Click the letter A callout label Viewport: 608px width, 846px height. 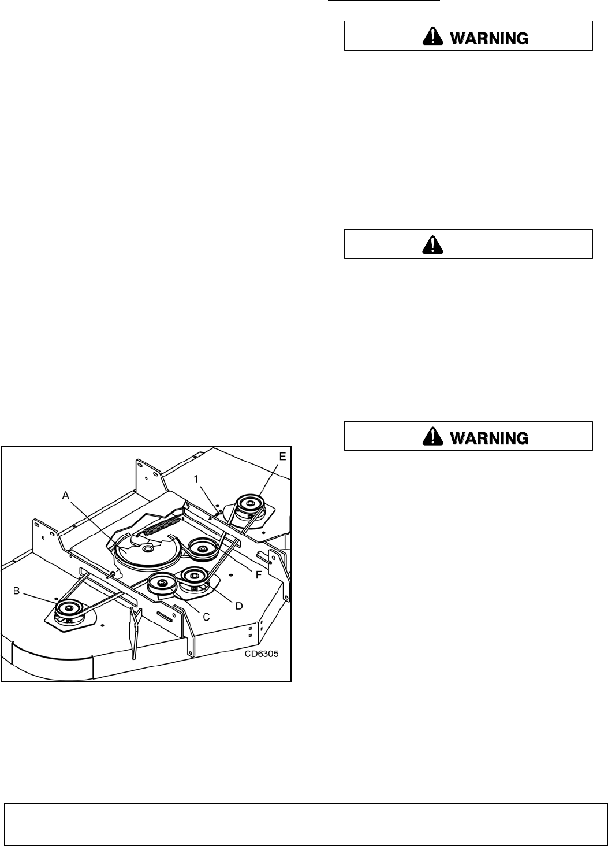pos(66,494)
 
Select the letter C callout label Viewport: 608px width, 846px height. pos(206,617)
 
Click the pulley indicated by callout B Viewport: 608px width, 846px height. pos(68,609)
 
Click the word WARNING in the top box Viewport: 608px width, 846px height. pos(488,38)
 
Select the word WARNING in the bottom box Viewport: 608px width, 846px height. pos(488,438)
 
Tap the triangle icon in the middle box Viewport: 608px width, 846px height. pos(432,245)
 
